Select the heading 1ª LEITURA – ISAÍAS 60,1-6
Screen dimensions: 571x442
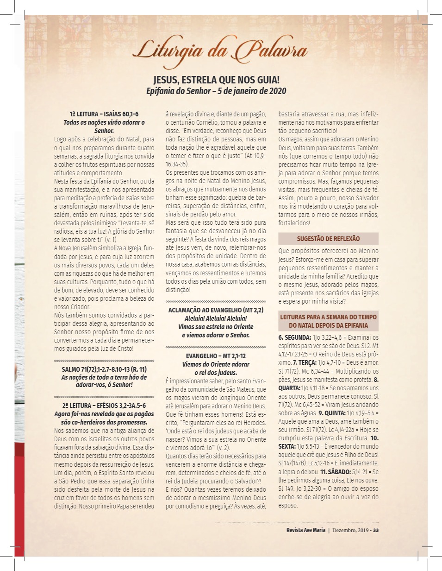tap(104, 114)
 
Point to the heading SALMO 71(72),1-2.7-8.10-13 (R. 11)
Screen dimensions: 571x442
tap(104, 369)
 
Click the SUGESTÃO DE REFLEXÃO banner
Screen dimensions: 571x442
tap(328, 239)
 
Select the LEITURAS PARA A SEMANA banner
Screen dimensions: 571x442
tap(328, 321)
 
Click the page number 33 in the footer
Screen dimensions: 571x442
tap(376, 530)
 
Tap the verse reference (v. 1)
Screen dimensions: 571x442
tap(111, 240)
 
